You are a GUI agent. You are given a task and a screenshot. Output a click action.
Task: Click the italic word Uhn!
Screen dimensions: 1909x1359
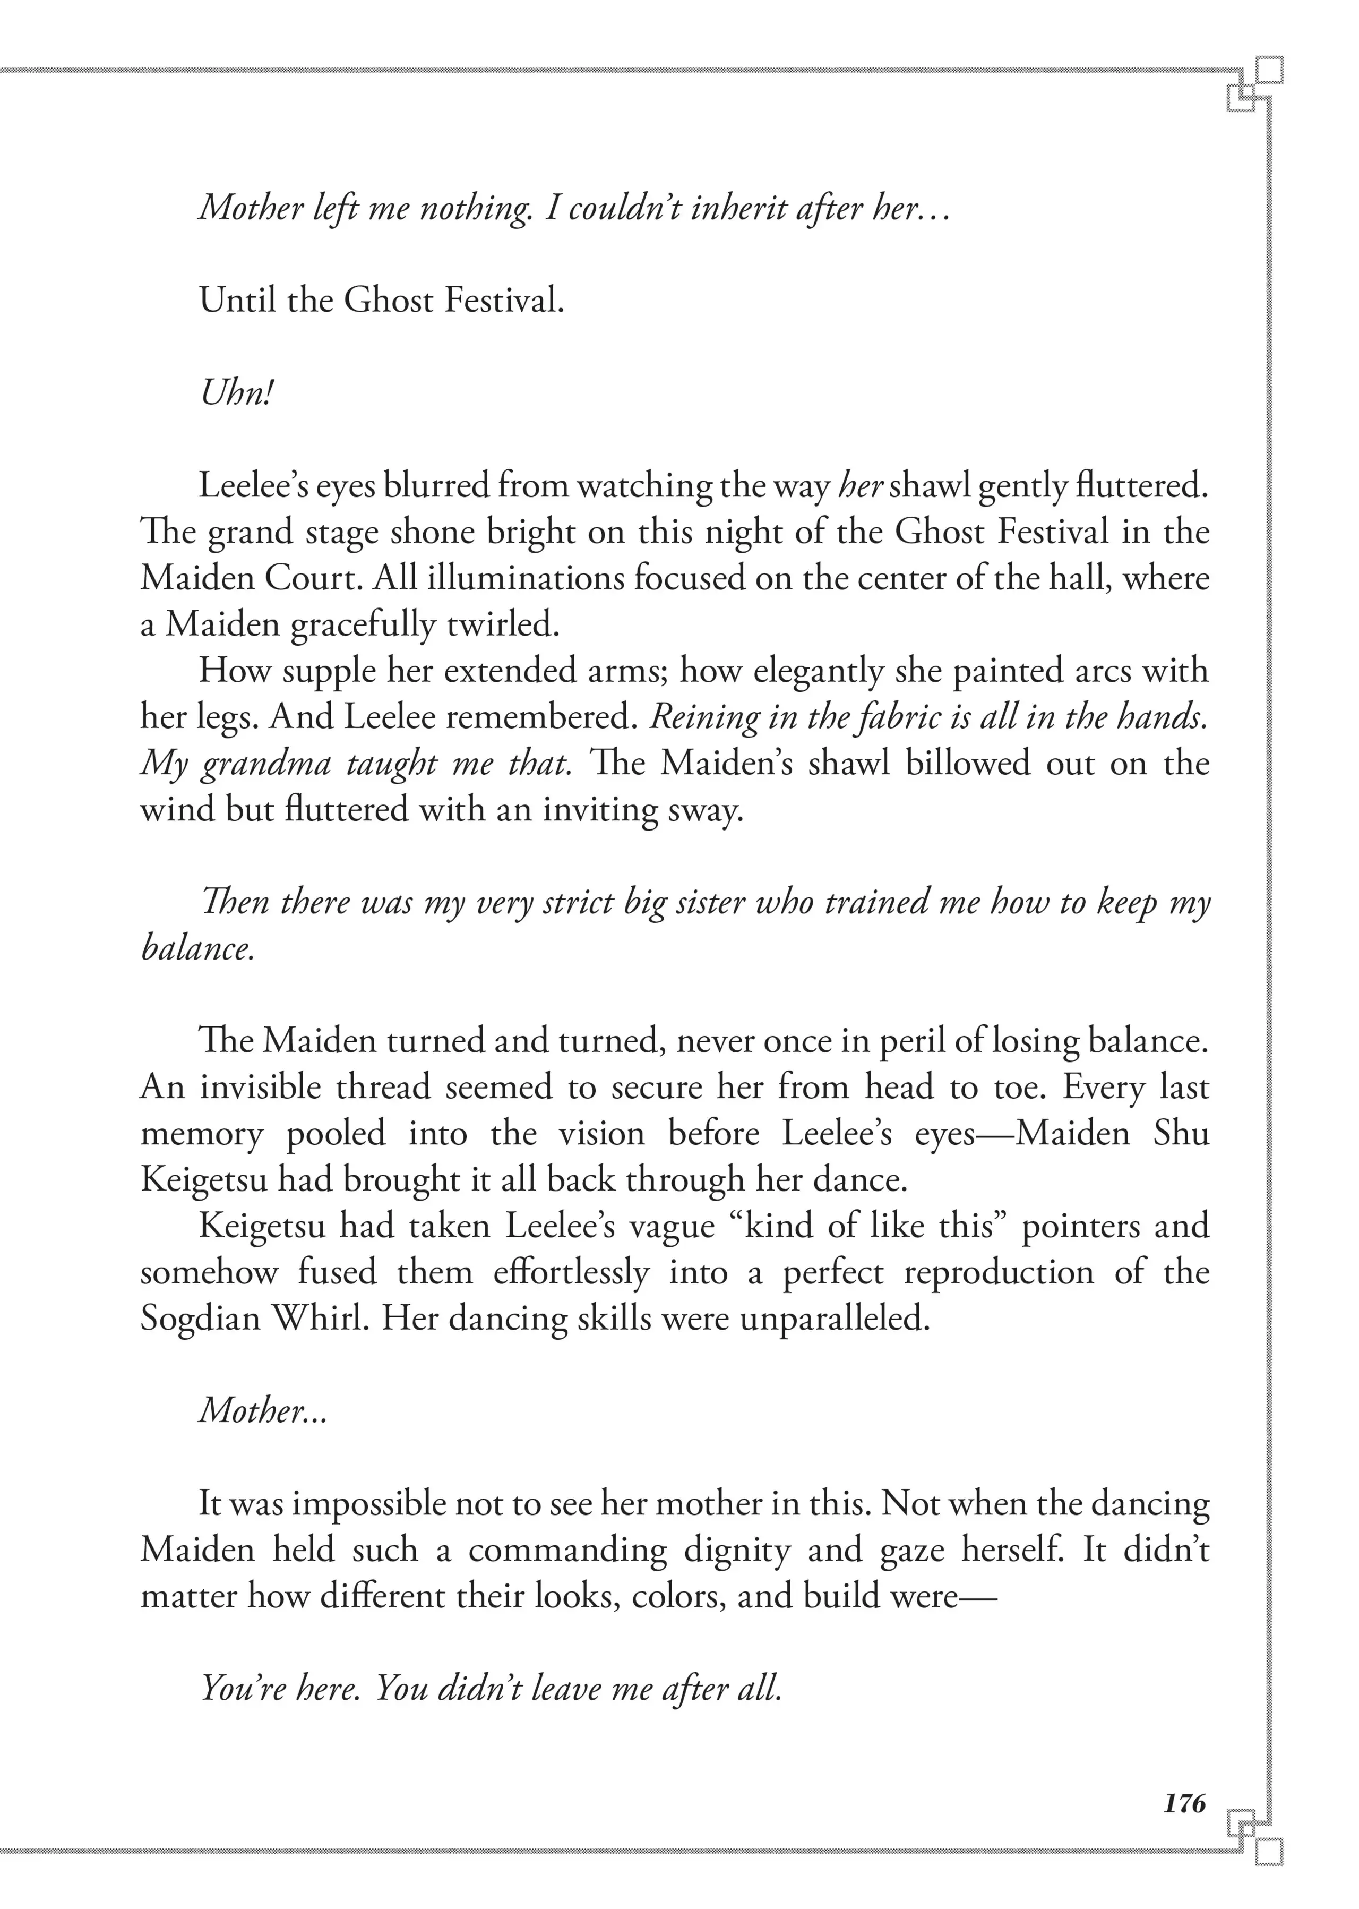(x=237, y=393)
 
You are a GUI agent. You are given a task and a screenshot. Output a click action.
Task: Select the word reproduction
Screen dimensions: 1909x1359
(x=999, y=1273)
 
